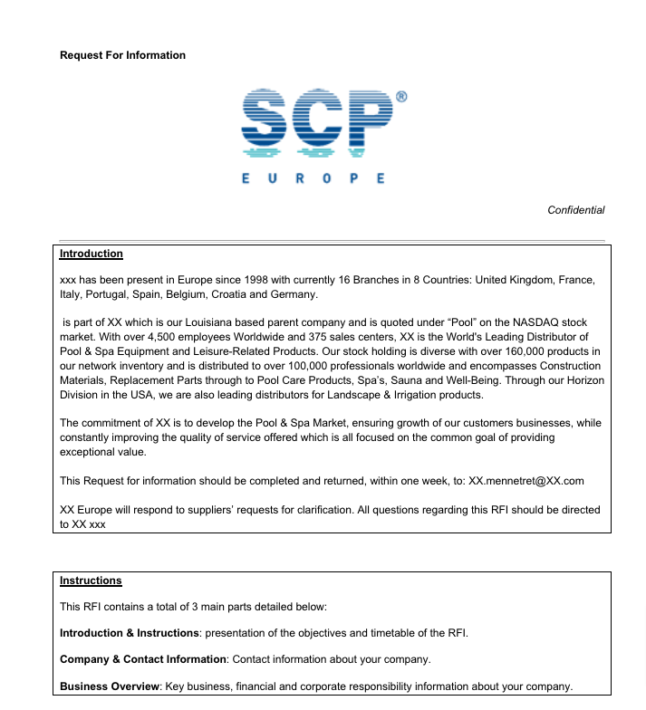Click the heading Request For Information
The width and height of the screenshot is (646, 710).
pyautogui.click(x=122, y=55)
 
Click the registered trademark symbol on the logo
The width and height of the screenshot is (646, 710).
pyautogui.click(x=401, y=96)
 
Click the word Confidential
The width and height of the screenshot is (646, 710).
pyautogui.click(x=575, y=210)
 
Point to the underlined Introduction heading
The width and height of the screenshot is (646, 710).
pyautogui.click(x=92, y=254)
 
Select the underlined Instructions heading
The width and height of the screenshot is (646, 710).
pyautogui.click(x=91, y=580)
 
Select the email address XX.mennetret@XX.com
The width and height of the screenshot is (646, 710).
pyautogui.click(x=526, y=481)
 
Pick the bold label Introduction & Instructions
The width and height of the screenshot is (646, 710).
pyautogui.click(x=129, y=632)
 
